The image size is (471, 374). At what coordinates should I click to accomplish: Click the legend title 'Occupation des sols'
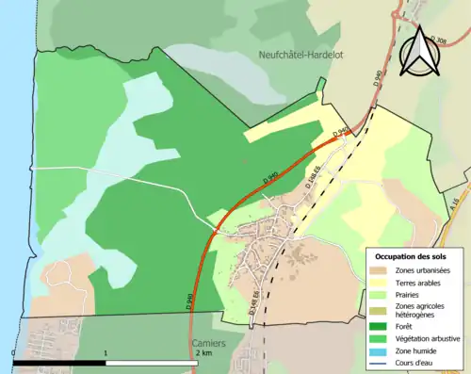click(x=411, y=256)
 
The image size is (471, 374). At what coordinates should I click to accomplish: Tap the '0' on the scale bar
click(x=14, y=354)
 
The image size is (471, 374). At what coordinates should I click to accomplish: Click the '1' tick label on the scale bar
click(x=106, y=354)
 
